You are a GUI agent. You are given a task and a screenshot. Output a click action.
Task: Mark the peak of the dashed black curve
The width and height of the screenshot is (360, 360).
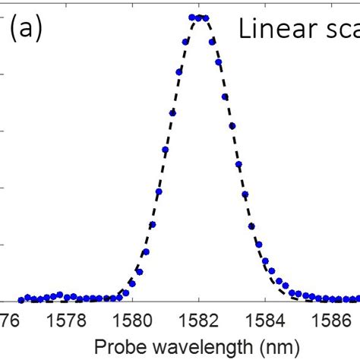[199, 17]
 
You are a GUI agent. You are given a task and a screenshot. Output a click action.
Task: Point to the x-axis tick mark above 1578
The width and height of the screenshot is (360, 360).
[65, 299]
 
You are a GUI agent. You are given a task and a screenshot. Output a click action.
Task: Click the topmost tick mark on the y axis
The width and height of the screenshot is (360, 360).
[2, 17]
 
